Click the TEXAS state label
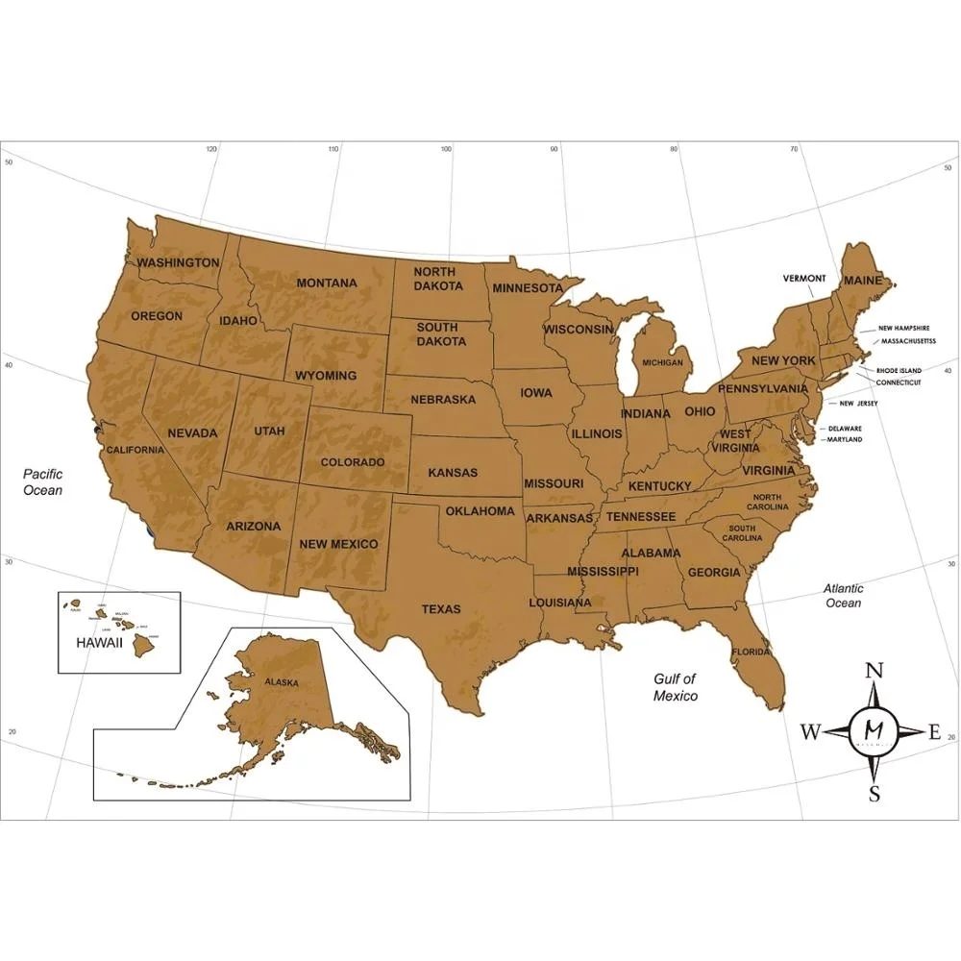pos(441,608)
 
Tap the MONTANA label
pos(327,283)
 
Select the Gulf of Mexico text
pos(675,687)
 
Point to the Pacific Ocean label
pos(43,481)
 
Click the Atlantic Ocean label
pos(843,595)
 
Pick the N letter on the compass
pos(875,671)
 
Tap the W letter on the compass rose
pos(810,733)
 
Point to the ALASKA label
pos(283,682)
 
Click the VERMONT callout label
pos(804,279)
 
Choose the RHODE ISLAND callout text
pos(899,370)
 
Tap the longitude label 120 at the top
pos(212,149)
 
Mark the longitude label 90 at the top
pos(554,149)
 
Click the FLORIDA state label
pos(750,652)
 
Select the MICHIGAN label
pos(663,362)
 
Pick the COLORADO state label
pos(353,462)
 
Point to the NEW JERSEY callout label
pos(858,404)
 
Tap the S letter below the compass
pos(875,795)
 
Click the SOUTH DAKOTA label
pos(437,333)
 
